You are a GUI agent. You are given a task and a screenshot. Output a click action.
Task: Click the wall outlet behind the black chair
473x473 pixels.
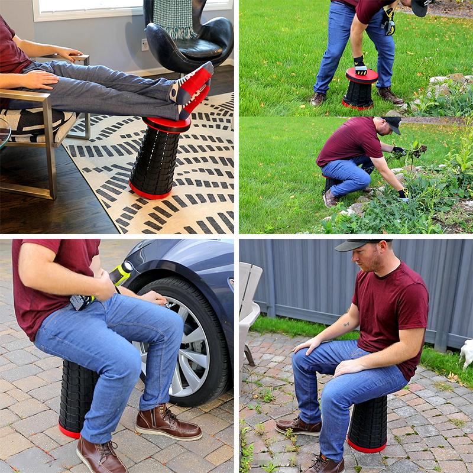pyautogui.click(x=145, y=45)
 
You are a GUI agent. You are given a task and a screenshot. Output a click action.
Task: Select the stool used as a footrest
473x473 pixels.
pyautogui.click(x=157, y=158)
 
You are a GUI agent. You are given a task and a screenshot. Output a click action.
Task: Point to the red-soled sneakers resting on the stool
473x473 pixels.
pyautogui.click(x=192, y=89)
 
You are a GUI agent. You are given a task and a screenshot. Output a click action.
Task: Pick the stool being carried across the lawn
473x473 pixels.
pyautogui.click(x=359, y=89)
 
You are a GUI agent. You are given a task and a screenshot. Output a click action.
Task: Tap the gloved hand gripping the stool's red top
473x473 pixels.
pyautogui.click(x=359, y=66)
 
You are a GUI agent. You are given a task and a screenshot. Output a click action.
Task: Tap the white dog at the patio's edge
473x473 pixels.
pyautogui.click(x=466, y=353)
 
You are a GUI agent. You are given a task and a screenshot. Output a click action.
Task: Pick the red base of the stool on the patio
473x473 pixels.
pyautogui.click(x=366, y=446)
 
